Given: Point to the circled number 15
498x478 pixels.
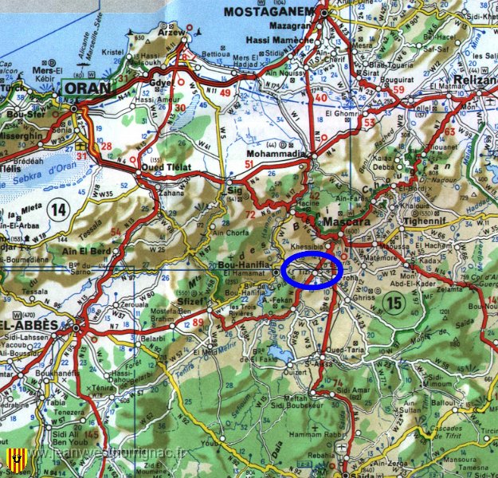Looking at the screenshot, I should tap(393, 302).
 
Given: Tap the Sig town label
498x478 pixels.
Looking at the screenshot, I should tap(233, 190).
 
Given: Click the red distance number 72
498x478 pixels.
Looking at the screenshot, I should tap(251, 215).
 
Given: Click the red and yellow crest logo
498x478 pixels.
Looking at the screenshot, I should tap(13, 459).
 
